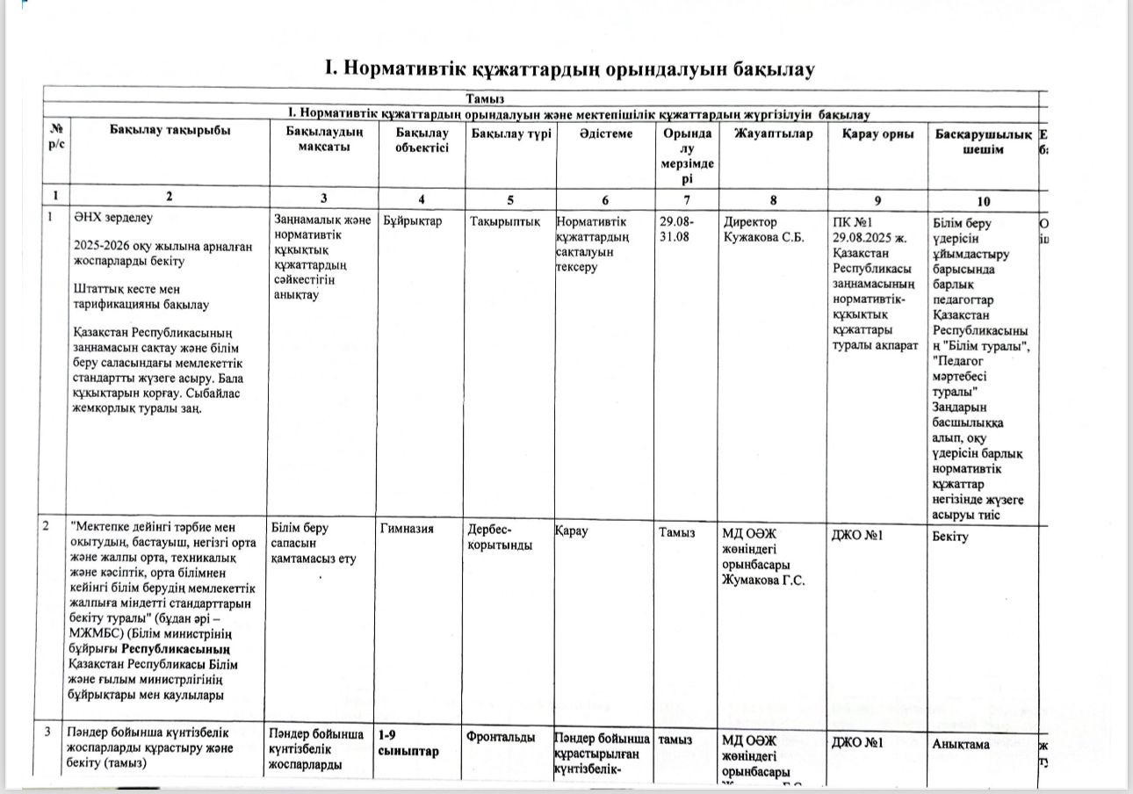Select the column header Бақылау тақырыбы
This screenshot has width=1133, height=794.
pyautogui.click(x=170, y=132)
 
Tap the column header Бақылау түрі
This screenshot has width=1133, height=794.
pyautogui.click(x=511, y=134)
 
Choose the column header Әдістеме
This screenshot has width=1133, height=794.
pyautogui.click(x=605, y=134)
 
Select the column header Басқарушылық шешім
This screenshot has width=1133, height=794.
pyautogui.click(x=983, y=141)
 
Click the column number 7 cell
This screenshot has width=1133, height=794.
pyautogui.click(x=686, y=198)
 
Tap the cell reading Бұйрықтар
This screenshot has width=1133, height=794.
pyautogui.click(x=410, y=222)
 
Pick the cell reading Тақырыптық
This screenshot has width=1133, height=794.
pyautogui.click(x=503, y=222)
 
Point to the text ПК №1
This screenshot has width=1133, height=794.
pyautogui.click(x=853, y=222)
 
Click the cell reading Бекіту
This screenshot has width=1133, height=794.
pyautogui.click(x=950, y=536)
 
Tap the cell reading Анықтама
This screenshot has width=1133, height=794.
pyautogui.click(x=961, y=744)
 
